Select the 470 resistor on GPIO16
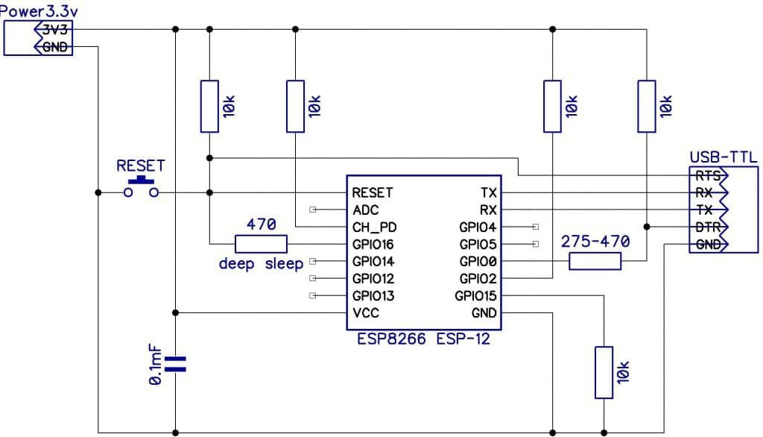pyautogui.click(x=261, y=244)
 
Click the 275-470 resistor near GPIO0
pyautogui.click(x=595, y=261)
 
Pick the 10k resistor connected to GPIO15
pyautogui.click(x=604, y=372)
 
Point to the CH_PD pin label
pyautogui.click(x=373, y=227)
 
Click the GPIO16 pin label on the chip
pyautogui.click(x=373, y=244)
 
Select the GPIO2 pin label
pyautogui.click(x=478, y=278)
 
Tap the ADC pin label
pyautogui.click(x=366, y=210)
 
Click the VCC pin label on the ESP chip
pyautogui.click(x=366, y=312)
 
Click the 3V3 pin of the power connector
pyautogui.click(x=54, y=30)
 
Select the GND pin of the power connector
pyautogui.click(x=54, y=46)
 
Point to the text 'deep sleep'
pyautogui.click(x=261, y=264)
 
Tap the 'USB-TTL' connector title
pyautogui.click(x=723, y=157)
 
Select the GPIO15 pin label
pyautogui.click(x=475, y=296)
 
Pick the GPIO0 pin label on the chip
pyautogui.click(x=478, y=261)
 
